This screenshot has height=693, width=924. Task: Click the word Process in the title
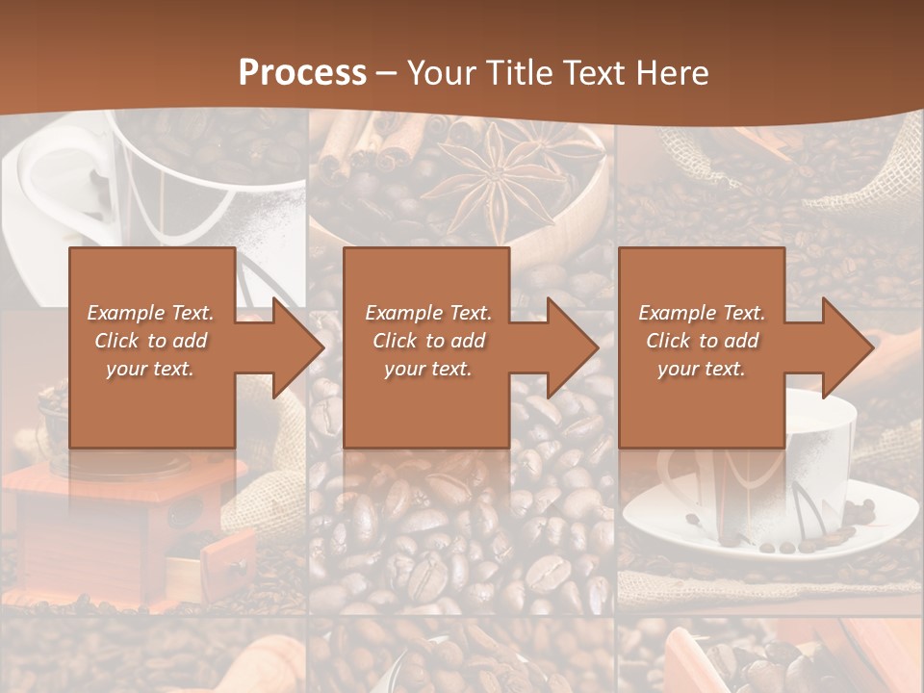coord(302,72)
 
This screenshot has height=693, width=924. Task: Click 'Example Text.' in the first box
coord(150,313)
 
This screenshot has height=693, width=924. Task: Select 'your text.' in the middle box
coord(427,369)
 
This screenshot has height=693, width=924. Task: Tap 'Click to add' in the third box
coord(702,341)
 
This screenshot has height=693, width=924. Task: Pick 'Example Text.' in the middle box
coord(427,313)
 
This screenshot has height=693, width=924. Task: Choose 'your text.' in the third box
coord(702,369)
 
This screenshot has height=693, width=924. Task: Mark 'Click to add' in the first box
coord(150,341)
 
